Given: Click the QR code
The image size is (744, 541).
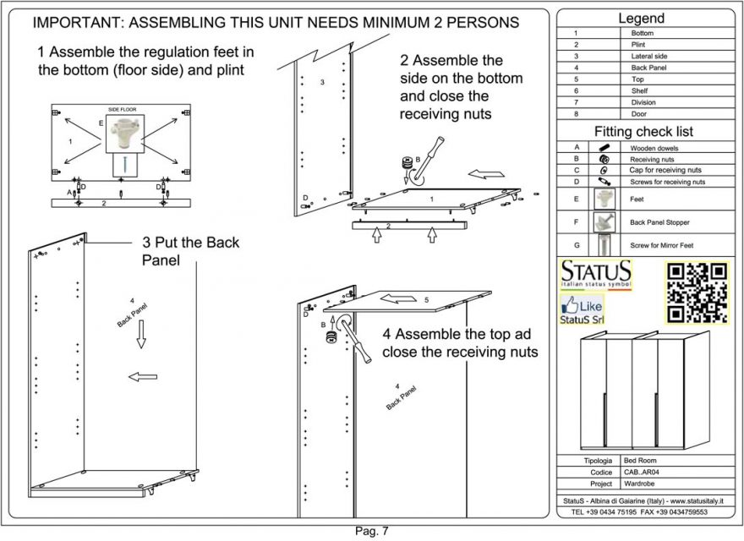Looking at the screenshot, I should click(697, 292).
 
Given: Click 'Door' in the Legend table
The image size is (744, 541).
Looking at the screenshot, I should click(639, 113).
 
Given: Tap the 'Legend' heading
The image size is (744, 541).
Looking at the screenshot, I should click(641, 18).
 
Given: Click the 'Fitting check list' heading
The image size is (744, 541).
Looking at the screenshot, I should click(643, 132).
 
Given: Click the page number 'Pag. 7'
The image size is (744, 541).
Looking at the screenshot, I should click(371, 531).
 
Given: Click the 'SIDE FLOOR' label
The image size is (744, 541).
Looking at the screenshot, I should click(123, 109).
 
